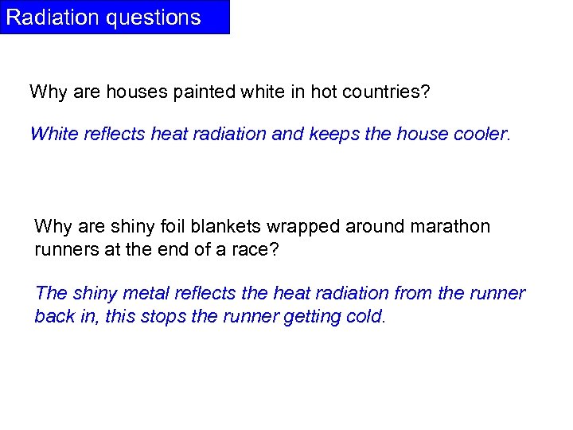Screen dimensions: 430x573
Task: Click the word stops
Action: click(x=164, y=316)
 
